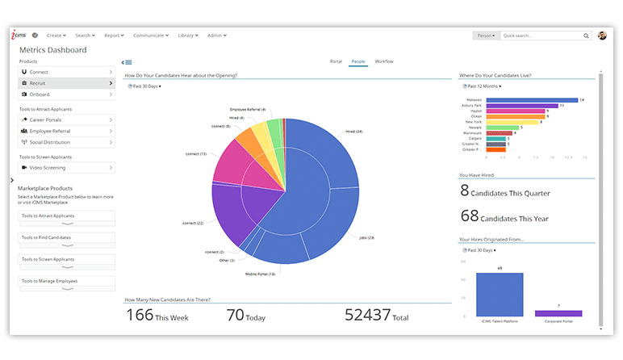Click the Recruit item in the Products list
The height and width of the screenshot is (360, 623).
65,83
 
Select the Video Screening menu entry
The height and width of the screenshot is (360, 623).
65,168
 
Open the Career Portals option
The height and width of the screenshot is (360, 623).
65,119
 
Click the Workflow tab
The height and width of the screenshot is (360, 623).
384,61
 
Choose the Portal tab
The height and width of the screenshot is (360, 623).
337,61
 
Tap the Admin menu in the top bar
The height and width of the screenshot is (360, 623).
217,36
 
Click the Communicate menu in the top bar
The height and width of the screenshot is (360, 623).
152,36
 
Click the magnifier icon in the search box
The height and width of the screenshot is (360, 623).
587,36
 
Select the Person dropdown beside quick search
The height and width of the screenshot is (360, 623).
486,36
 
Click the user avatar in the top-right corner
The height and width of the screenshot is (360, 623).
602,36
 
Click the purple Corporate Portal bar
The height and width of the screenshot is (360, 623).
558,313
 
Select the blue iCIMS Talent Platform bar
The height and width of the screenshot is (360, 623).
500,294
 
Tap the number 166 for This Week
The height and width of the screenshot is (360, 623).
140,316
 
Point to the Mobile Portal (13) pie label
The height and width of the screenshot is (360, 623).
261,274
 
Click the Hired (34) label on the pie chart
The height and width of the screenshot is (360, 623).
353,131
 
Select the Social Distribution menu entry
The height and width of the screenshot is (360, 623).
65,142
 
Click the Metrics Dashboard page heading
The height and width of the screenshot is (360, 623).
52,50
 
